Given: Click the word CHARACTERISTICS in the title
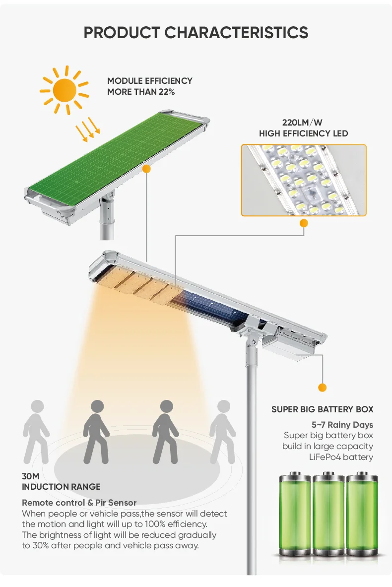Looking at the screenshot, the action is (236, 33).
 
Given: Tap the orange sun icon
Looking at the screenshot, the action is (65, 90).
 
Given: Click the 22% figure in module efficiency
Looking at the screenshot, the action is (166, 92).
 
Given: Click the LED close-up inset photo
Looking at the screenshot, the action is (304, 180).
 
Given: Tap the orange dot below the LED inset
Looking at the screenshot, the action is (304, 223).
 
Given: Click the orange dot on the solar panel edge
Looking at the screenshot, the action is (146, 169).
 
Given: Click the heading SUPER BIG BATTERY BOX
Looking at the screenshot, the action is (322, 409).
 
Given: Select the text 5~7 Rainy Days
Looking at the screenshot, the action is (342, 425).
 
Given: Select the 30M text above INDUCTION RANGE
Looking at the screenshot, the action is (31, 476).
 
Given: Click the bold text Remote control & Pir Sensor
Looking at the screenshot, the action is (79, 503).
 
